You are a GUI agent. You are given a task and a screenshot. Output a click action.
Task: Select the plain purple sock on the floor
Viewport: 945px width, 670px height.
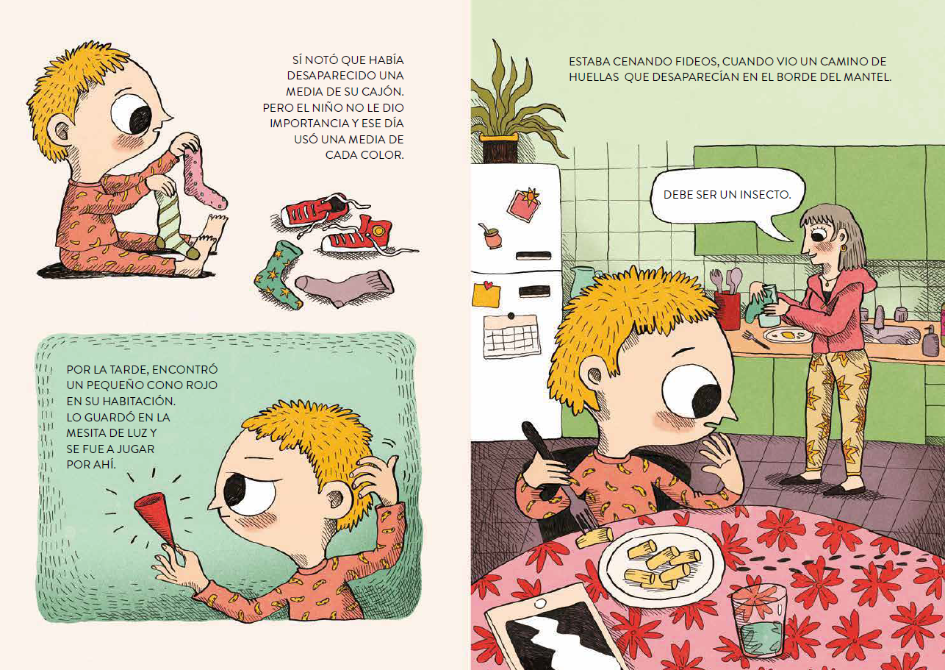click(x=344, y=287)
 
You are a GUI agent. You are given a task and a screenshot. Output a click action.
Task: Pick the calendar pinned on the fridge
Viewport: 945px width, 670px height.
click(x=511, y=335)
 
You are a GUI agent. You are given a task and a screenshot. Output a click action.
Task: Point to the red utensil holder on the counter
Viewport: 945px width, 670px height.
click(x=727, y=310)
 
